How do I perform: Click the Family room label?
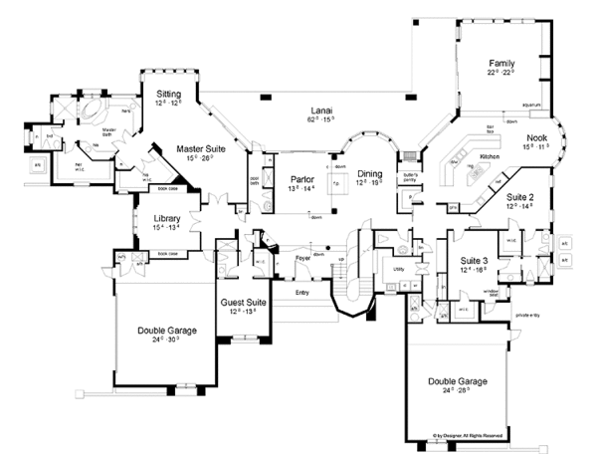(x=499, y=64)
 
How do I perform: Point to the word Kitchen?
(x=489, y=157)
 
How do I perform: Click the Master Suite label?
(x=201, y=148)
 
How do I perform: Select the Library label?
(x=165, y=220)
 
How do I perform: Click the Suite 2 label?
(x=520, y=198)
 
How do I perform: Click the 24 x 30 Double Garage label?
(x=167, y=331)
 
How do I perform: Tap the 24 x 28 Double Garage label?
(x=458, y=381)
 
